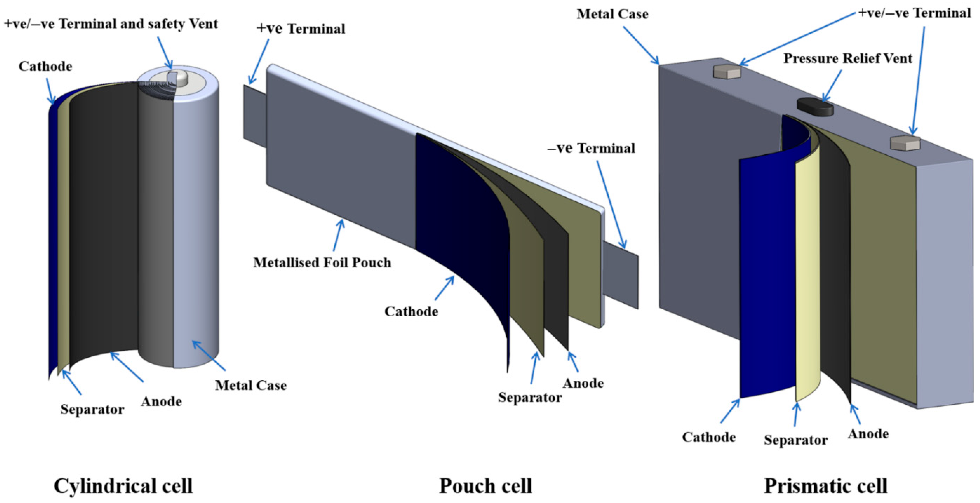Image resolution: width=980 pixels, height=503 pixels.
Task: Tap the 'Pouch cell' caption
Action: pos(486,486)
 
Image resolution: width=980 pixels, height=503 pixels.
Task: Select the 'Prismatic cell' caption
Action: pos(826,486)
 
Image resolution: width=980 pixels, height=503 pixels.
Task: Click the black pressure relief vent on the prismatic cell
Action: pos(815,107)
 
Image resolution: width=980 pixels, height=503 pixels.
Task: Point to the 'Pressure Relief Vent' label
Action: pos(848,58)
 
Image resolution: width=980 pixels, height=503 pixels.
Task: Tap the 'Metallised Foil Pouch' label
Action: pos(322,262)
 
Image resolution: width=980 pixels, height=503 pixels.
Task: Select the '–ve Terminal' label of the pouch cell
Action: pos(591,148)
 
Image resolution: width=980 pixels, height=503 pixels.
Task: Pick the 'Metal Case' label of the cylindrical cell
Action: pos(251,385)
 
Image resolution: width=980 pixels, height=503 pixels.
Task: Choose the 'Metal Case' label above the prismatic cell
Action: pos(612,14)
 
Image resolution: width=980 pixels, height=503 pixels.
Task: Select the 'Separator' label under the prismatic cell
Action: pos(795,440)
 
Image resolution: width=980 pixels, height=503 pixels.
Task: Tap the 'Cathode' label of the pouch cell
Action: pos(411,311)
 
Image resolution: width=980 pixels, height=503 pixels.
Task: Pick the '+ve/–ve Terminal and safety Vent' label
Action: pos(111,24)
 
